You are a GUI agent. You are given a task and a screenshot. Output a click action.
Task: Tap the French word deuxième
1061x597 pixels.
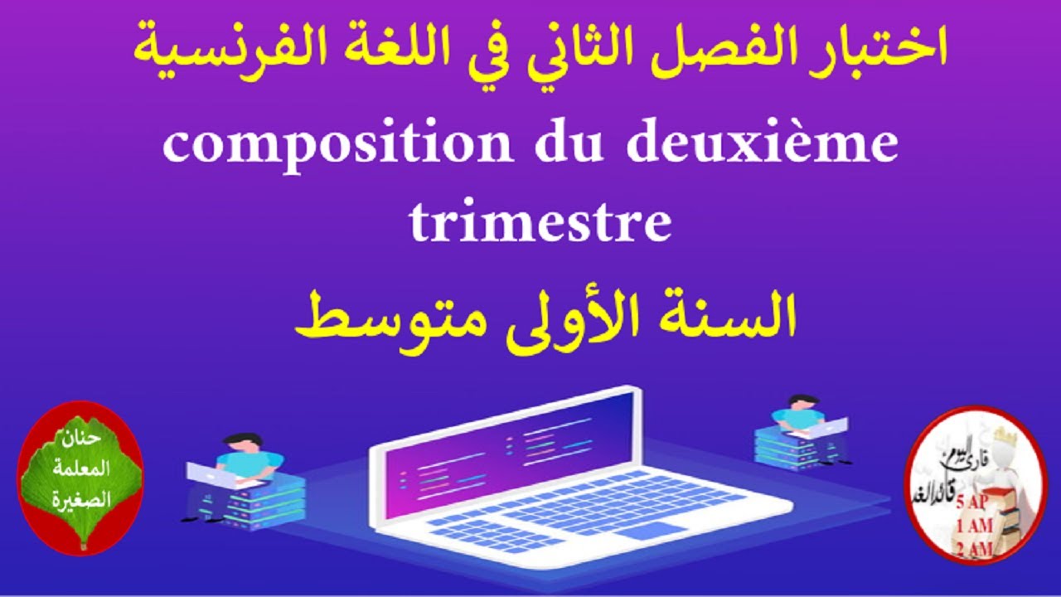coord(762,145)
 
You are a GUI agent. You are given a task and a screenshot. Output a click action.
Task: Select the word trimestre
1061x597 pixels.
coord(540,221)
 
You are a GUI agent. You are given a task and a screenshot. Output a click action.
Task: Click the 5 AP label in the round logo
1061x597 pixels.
coord(975,504)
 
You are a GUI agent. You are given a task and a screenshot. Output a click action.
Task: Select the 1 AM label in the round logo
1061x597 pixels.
coord(975,526)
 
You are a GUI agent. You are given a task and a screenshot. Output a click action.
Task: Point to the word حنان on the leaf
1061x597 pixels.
coord(80,439)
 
